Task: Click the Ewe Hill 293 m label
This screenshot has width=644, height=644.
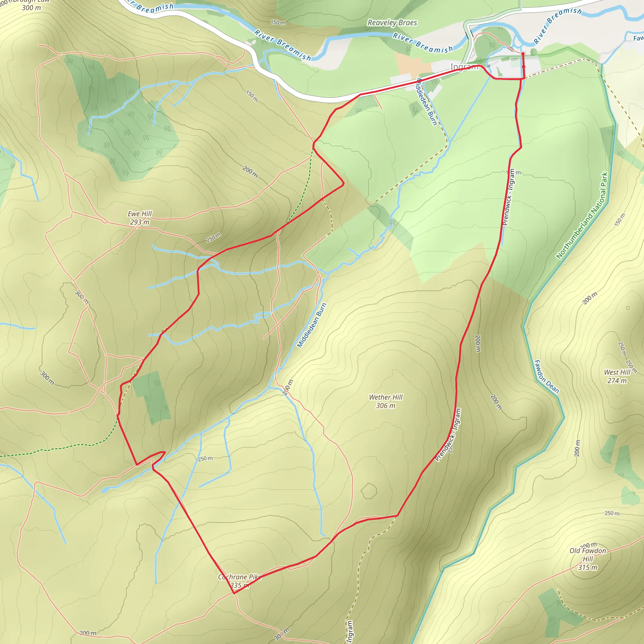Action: click(x=140, y=218)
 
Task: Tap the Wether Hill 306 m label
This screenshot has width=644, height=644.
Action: click(x=386, y=401)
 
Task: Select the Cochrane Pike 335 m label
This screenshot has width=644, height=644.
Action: click(x=239, y=581)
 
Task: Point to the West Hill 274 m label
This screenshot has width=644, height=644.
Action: click(x=617, y=376)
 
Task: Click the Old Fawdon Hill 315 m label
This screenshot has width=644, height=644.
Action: click(x=588, y=559)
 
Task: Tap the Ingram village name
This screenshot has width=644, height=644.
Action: click(x=464, y=67)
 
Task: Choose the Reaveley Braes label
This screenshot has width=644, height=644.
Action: click(x=392, y=23)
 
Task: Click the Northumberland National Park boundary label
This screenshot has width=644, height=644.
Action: click(x=582, y=215)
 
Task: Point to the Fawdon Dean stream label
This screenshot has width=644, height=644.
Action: click(x=546, y=376)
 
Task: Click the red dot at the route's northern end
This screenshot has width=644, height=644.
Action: click(x=523, y=54)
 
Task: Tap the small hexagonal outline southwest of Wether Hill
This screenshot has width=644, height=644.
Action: click(x=369, y=491)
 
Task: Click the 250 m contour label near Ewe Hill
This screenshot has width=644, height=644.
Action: click(x=213, y=238)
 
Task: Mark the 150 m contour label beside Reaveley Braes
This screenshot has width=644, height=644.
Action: click(x=278, y=22)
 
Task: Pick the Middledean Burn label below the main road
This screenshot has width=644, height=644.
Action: click(x=426, y=102)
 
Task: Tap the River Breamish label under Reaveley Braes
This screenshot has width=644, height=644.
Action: click(x=423, y=43)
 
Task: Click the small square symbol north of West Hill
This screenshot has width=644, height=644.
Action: click(x=628, y=308)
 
